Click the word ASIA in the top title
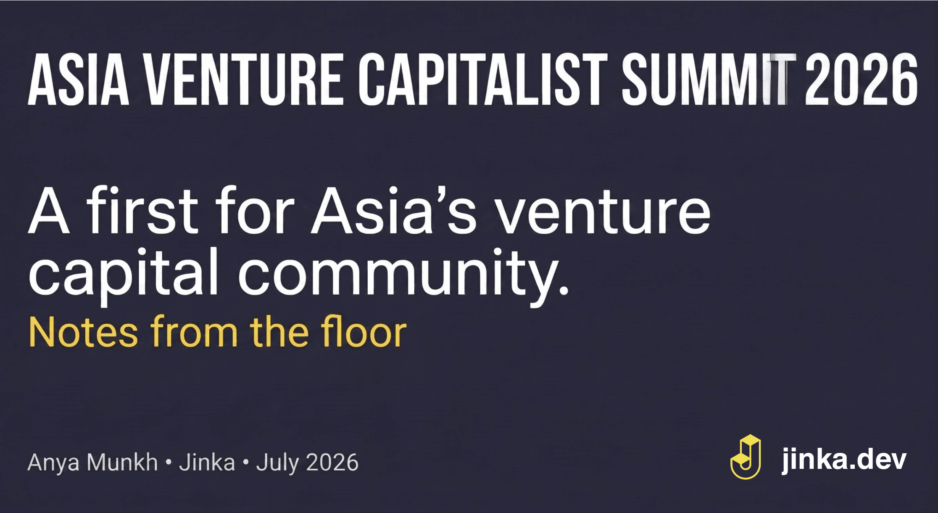(x=79, y=79)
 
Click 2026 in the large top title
(x=861, y=79)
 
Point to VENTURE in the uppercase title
(x=245, y=79)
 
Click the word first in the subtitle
(x=142, y=210)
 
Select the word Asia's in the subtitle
(x=394, y=210)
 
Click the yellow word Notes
(x=83, y=332)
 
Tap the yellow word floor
(x=364, y=331)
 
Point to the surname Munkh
(x=122, y=462)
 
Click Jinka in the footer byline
(x=207, y=462)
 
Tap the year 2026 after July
(x=332, y=463)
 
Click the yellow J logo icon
(x=746, y=457)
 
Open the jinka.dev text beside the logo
(x=844, y=460)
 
